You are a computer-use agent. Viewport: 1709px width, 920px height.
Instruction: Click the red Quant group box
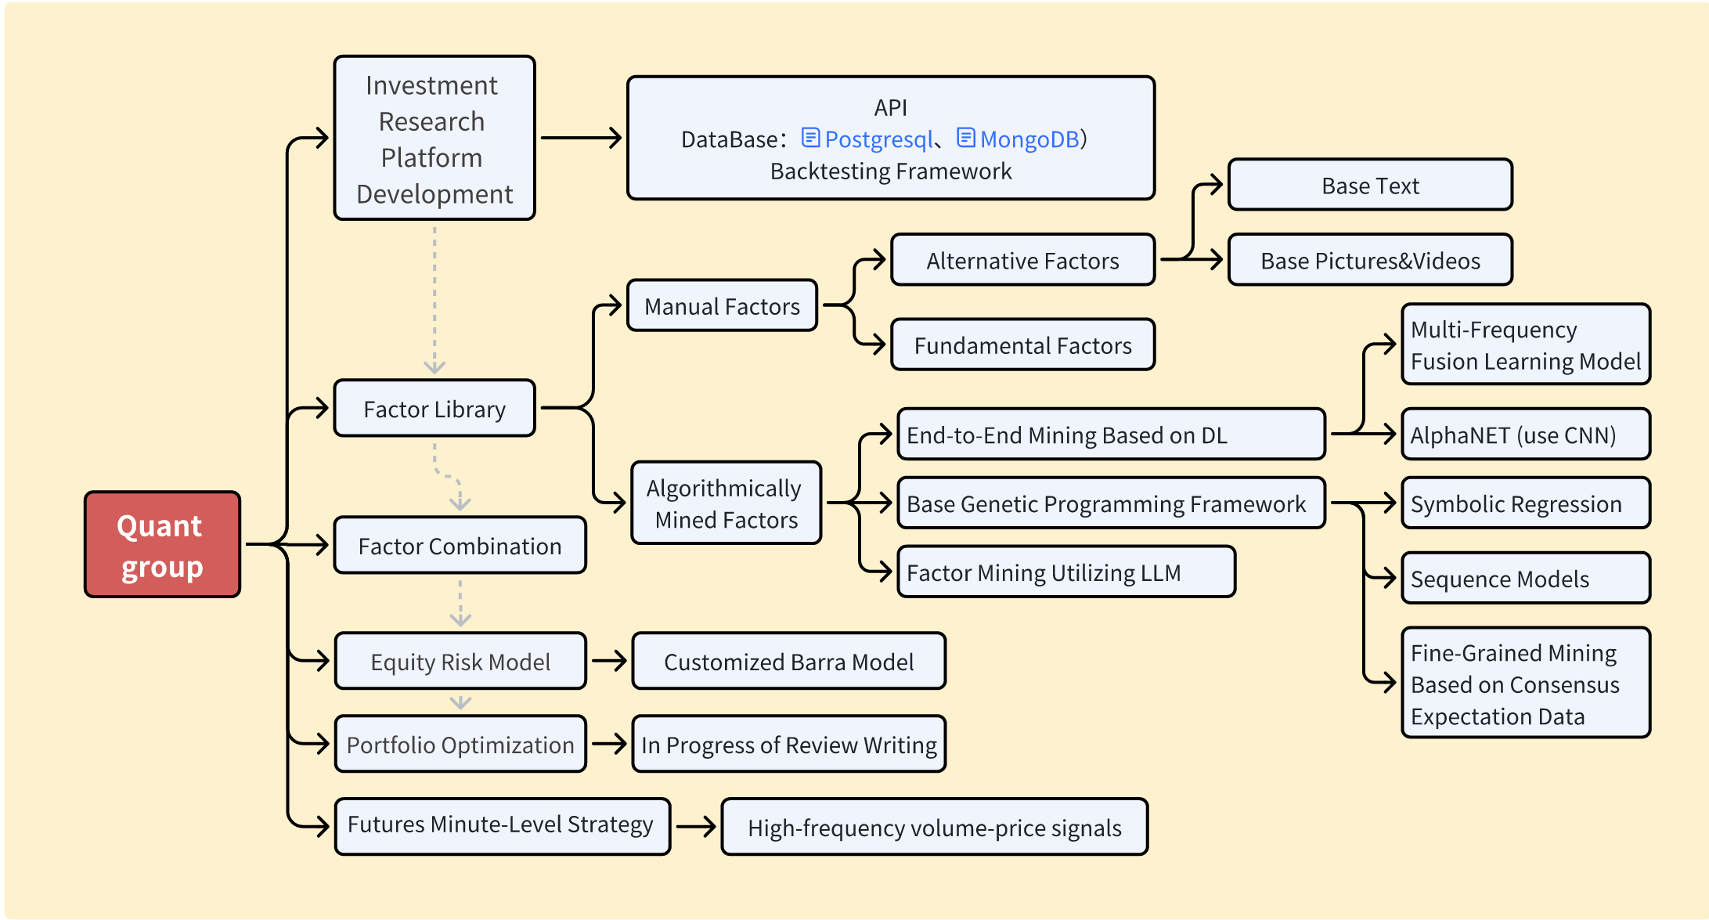162,545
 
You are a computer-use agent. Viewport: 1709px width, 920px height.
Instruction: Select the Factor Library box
434,409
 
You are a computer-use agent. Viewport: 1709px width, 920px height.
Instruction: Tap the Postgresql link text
878,139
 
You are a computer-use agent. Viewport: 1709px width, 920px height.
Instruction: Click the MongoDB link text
1029,139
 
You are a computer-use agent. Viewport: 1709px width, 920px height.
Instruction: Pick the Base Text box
1370,186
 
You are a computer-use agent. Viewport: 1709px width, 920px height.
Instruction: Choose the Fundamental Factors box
1022,345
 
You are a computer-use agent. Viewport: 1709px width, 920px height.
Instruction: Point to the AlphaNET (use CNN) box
1525,435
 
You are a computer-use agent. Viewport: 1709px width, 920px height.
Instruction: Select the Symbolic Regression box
1525,503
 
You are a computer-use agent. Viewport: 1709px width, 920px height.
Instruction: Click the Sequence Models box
1525,579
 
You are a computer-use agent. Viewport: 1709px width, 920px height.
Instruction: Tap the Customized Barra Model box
788,662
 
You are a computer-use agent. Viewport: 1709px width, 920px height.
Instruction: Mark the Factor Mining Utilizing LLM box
1065,572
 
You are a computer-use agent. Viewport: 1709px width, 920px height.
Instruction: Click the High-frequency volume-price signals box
934,828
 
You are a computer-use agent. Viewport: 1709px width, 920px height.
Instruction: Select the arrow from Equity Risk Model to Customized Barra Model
609,661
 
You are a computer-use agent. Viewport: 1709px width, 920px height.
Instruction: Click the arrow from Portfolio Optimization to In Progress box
609,744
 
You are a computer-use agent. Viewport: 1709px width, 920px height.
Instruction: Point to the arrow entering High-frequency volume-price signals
696,827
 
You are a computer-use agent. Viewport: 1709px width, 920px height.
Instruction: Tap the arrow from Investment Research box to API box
581,139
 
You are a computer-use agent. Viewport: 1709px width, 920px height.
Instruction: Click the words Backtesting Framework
891,171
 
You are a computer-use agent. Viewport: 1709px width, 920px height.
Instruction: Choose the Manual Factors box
722,306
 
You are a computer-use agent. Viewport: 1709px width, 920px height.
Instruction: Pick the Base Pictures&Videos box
1370,261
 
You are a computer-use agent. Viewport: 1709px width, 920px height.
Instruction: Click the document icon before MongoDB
966,138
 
